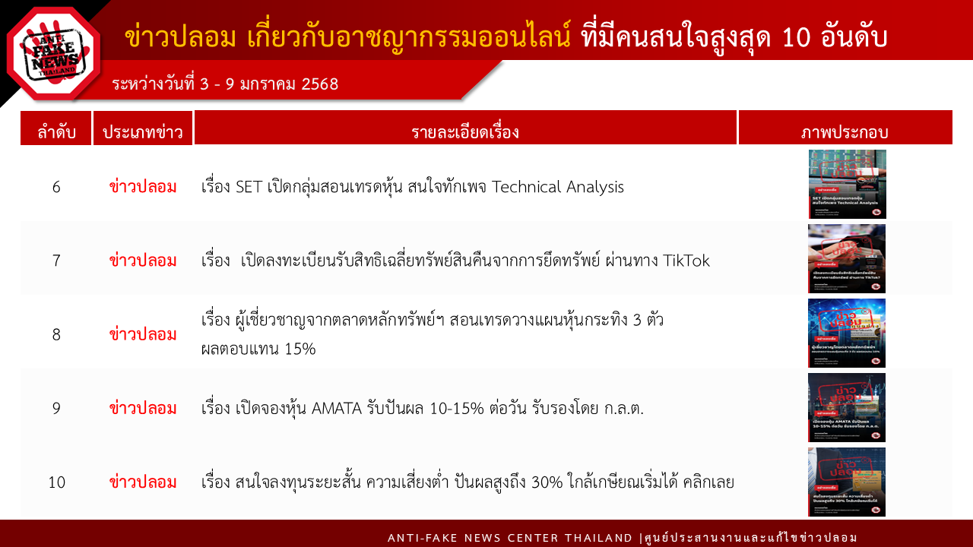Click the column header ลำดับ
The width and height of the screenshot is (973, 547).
56,132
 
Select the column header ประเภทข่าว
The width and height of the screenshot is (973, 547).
143,132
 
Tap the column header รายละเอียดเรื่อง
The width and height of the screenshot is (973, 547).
465,132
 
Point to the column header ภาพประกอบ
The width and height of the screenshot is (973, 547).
845,132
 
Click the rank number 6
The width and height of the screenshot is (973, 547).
56,187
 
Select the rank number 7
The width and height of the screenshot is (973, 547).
56,261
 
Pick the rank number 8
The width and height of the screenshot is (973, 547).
56,334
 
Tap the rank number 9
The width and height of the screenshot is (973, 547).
56,408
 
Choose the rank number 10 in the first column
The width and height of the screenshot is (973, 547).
56,482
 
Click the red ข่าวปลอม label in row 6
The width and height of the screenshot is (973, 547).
143,187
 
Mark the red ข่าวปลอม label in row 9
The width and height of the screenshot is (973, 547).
143,408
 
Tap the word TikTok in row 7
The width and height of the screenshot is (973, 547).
686,261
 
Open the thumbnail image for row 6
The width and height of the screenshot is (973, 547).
847,184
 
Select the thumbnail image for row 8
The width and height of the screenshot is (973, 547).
847,334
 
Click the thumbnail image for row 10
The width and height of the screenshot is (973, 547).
847,482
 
